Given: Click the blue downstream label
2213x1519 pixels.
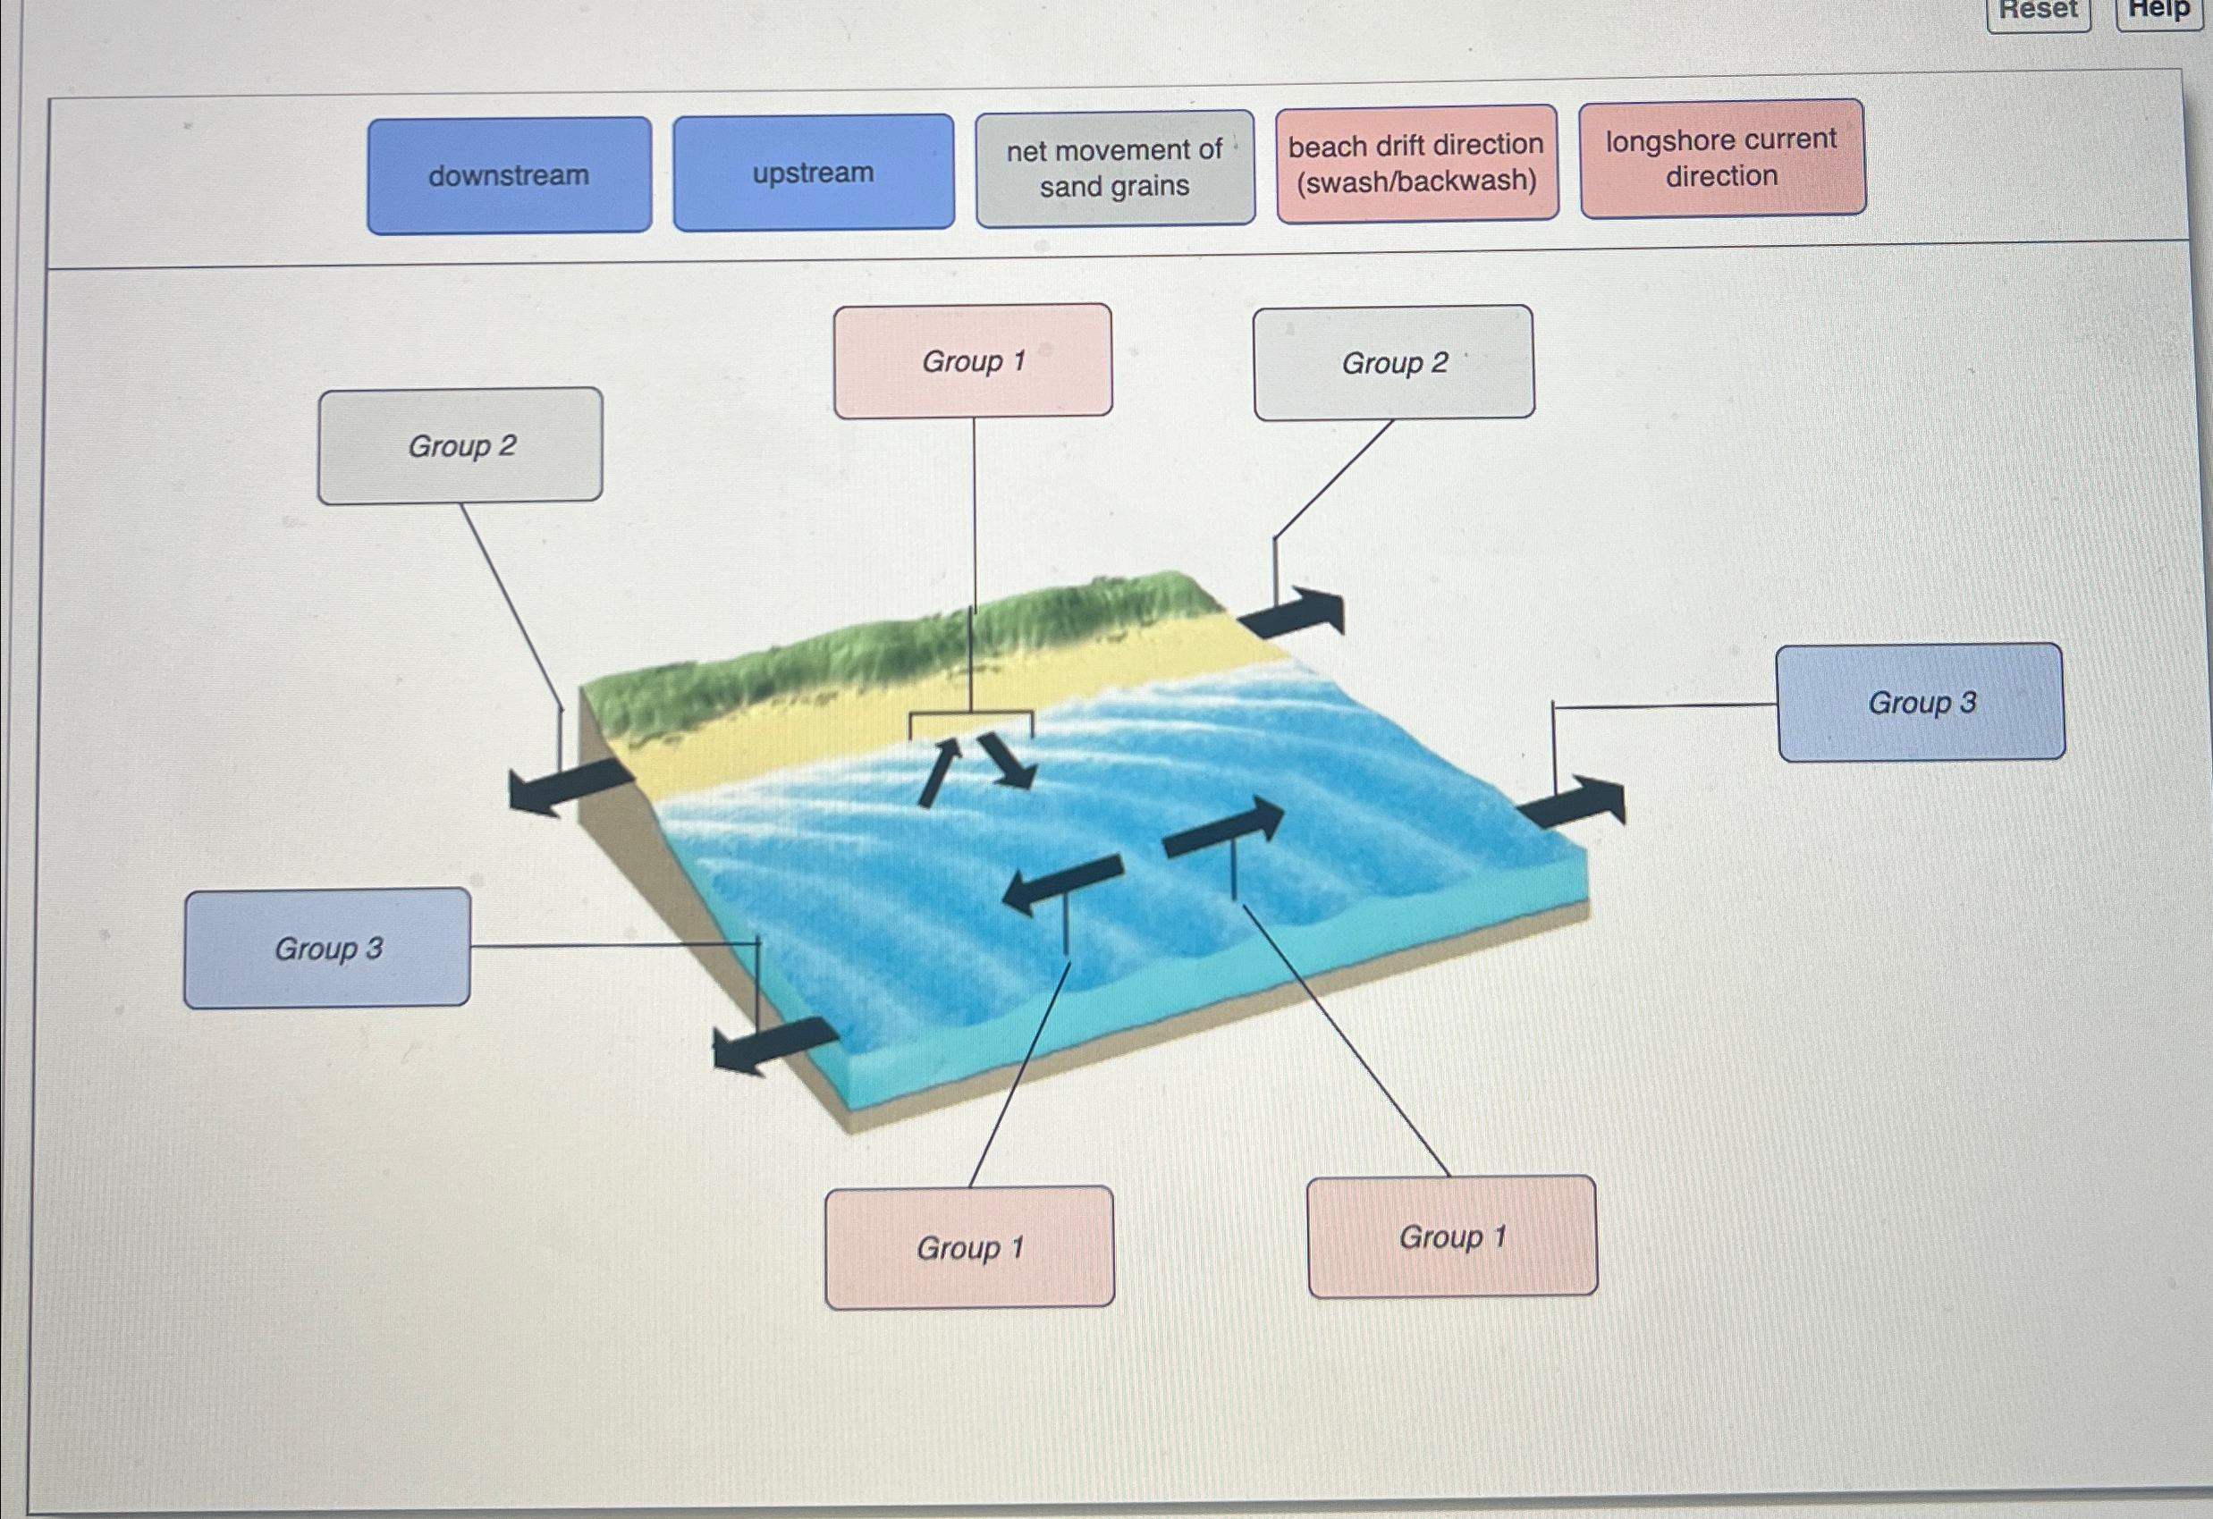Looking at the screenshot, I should tap(510, 176).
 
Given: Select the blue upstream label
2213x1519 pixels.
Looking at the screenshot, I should tap(813, 173).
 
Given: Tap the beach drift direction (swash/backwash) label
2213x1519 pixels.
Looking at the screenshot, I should tap(1417, 163).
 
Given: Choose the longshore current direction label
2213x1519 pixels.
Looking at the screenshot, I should tap(1721, 158).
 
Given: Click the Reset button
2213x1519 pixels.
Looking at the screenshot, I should tap(2038, 12).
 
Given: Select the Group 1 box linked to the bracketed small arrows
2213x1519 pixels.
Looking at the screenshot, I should tap(972, 361).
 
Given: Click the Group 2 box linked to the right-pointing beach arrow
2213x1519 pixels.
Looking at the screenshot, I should tap(1394, 363).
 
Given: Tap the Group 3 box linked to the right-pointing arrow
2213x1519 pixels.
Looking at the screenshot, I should tap(1921, 703).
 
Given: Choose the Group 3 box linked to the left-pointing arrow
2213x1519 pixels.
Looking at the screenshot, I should tap(327, 949).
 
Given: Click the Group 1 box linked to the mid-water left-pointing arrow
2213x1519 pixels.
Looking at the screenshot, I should tap(969, 1247).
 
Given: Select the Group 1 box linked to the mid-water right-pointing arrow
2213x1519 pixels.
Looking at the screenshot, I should tap(1452, 1237).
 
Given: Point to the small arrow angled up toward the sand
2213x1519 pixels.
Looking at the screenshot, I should tap(939, 771).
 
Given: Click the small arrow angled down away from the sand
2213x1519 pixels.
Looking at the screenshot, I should tap(1008, 761).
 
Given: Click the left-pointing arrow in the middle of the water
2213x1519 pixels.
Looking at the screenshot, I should tap(1060, 882).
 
